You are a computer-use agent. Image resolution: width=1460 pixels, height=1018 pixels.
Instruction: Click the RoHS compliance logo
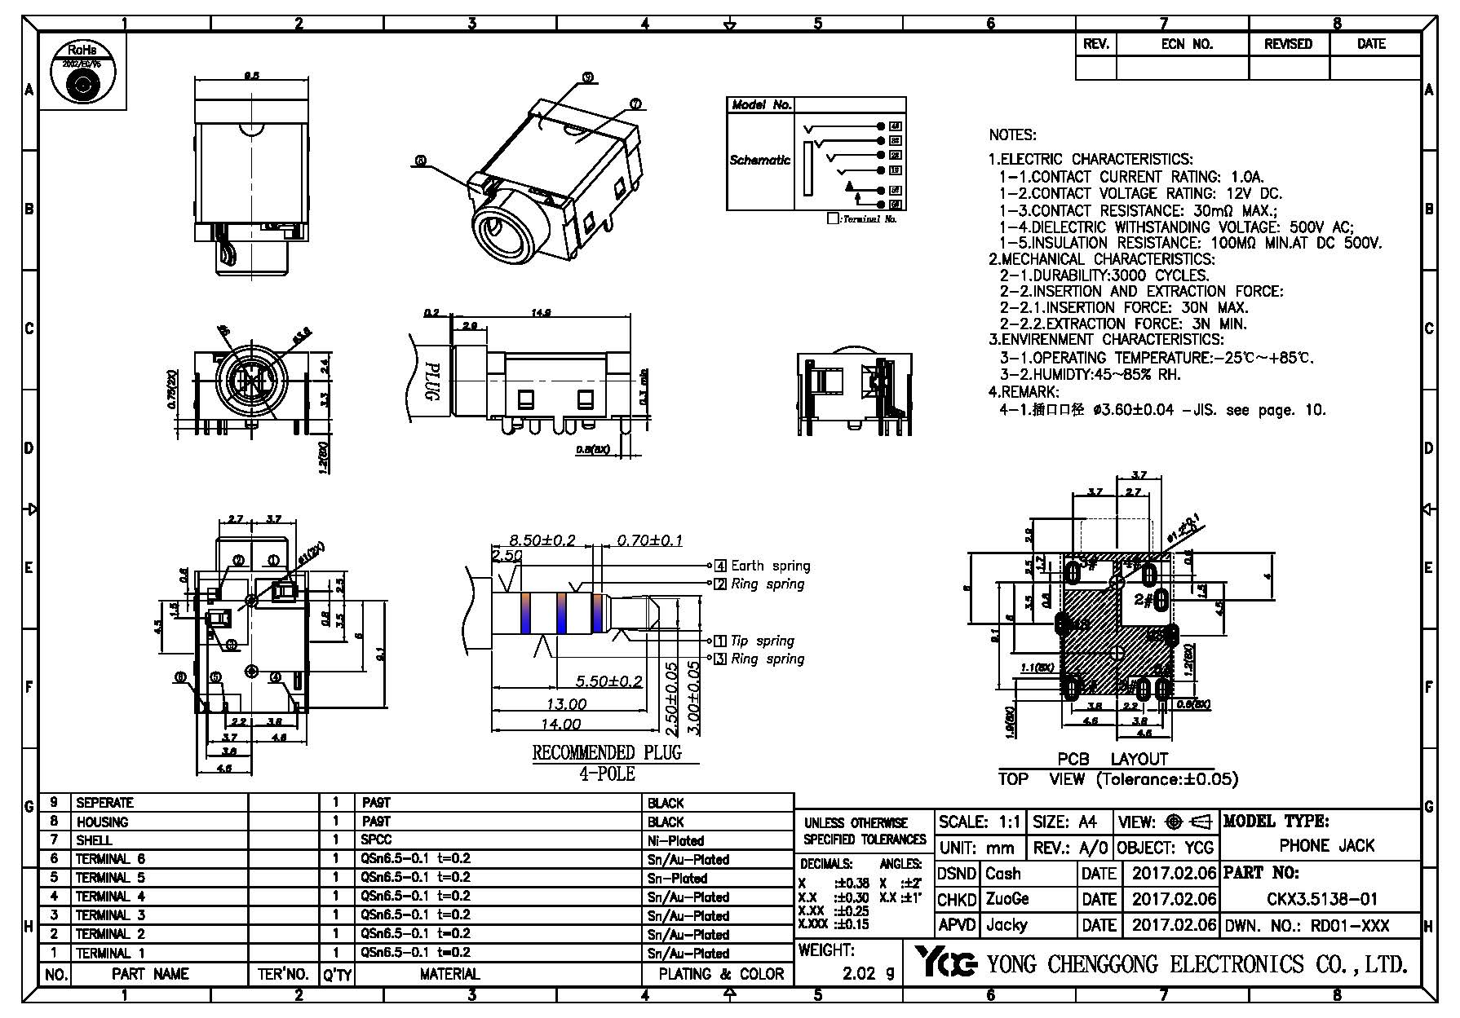point(82,73)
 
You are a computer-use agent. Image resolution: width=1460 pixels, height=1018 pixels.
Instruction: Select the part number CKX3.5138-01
point(1321,899)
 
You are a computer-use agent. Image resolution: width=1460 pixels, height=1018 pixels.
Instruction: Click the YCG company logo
point(945,963)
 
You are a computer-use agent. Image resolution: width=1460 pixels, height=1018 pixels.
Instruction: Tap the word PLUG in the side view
point(434,382)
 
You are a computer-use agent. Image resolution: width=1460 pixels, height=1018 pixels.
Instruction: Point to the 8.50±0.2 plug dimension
point(542,540)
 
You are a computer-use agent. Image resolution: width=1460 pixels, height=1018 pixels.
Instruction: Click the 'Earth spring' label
point(770,566)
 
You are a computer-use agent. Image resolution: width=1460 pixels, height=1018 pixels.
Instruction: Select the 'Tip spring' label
point(762,641)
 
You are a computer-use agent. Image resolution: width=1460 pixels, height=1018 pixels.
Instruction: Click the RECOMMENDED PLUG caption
point(606,752)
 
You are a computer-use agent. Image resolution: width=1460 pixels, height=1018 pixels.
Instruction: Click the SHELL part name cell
point(94,840)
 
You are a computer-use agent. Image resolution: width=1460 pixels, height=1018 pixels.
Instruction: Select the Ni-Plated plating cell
point(675,840)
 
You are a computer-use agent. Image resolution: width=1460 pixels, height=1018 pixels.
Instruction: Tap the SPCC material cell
point(376,840)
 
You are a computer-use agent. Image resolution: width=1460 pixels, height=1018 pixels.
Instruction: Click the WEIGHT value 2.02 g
point(867,972)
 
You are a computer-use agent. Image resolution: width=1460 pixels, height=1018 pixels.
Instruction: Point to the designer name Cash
point(1002,874)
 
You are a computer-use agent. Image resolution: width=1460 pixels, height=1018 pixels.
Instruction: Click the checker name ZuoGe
point(1007,899)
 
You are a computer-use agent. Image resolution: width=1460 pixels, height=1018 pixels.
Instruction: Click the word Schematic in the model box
point(759,160)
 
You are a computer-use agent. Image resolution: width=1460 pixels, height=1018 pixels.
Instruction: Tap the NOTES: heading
point(1012,135)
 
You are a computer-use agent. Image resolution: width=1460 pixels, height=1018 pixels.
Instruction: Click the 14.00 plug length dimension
point(561,725)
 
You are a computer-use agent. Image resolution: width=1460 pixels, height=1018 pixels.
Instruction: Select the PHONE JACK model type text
point(1326,846)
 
